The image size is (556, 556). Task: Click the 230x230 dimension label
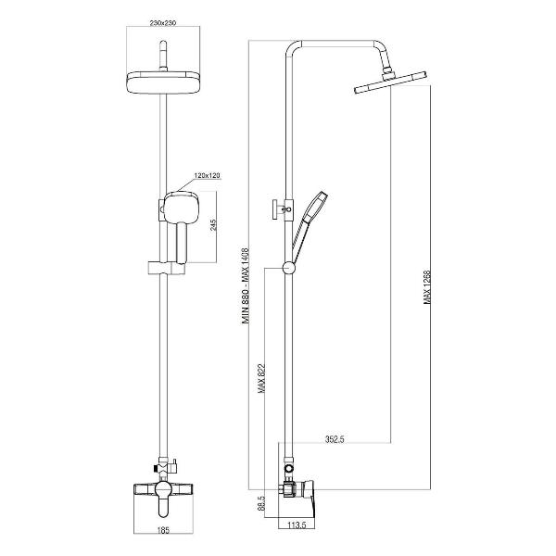pyautogui.click(x=163, y=23)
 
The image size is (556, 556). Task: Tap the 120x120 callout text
pyautogui.click(x=207, y=175)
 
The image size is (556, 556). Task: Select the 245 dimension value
pyautogui.click(x=213, y=225)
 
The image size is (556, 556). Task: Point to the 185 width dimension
pyautogui.click(x=163, y=530)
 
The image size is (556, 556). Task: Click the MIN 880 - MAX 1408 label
pyautogui.click(x=246, y=285)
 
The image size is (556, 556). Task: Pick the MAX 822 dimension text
pyautogui.click(x=261, y=379)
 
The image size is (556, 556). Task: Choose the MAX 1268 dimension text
pyautogui.click(x=427, y=287)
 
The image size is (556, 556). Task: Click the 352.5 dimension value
pyautogui.click(x=335, y=439)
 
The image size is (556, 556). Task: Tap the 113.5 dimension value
pyautogui.click(x=297, y=525)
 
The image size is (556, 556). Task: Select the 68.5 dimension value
pyautogui.click(x=261, y=503)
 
